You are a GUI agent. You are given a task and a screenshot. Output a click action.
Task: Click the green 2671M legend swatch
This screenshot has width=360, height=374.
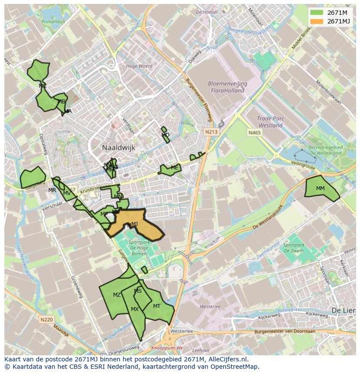pyautogui.click(x=317, y=13)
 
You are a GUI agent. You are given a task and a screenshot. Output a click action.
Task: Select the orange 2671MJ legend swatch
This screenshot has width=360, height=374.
pyautogui.click(x=317, y=21)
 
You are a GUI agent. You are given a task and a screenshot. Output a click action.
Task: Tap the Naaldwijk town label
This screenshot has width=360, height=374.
pyautogui.click(x=119, y=148)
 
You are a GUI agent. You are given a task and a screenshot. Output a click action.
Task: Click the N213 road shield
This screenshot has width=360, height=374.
pyautogui.click(x=212, y=132)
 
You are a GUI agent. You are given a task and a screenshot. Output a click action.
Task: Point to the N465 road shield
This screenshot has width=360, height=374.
pyautogui.click(x=254, y=132)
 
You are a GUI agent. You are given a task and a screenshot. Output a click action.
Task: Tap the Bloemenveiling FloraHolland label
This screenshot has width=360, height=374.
pyautogui.click(x=227, y=87)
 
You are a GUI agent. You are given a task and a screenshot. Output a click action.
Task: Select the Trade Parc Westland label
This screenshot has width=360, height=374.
pyautogui.click(x=270, y=122)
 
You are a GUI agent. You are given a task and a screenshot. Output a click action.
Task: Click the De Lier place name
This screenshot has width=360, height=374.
pyautogui.click(x=341, y=311)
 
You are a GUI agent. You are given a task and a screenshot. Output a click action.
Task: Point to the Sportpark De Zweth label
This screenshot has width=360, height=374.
pyautogui.click(x=294, y=248)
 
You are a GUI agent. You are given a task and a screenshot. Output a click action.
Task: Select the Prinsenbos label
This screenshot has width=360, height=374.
pyautogui.click(x=53, y=21)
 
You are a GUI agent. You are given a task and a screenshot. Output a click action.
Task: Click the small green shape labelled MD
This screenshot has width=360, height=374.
pyautogui.click(x=165, y=136)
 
